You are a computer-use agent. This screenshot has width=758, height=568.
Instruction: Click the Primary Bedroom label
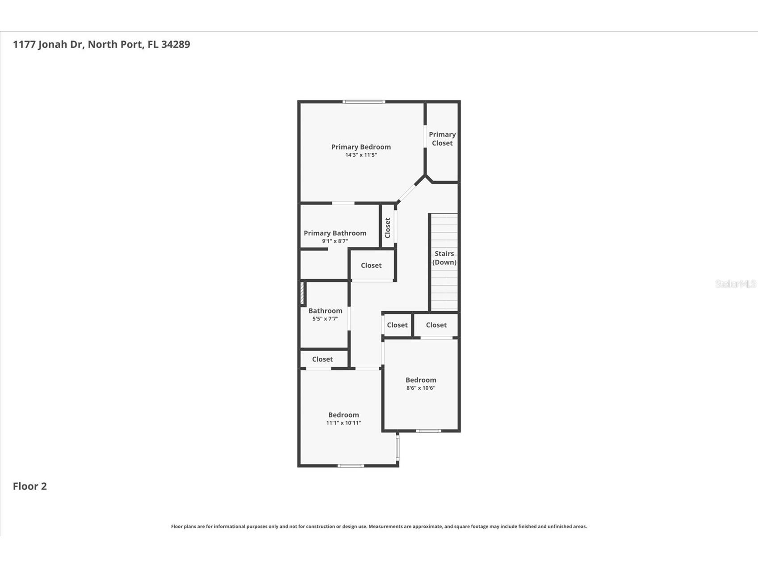point(361,147)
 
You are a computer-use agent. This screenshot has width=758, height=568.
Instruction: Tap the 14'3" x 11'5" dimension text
point(361,155)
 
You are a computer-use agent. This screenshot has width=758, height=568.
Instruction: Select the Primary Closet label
point(442,138)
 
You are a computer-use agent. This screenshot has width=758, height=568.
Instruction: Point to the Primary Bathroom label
point(335,233)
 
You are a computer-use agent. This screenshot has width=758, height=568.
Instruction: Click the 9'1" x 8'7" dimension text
point(335,241)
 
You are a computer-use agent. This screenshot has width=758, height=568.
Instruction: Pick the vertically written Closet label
point(388,228)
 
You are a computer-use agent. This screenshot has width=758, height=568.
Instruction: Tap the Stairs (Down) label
point(444,258)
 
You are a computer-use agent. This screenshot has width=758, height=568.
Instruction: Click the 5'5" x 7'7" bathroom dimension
point(325,319)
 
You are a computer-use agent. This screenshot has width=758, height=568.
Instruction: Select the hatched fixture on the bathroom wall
point(302,293)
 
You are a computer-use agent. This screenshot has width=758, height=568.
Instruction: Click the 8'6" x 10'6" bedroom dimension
point(421,388)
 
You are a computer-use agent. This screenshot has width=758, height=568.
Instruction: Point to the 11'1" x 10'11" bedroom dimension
point(343,423)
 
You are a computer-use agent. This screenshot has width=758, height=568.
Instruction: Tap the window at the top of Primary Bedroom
point(364,102)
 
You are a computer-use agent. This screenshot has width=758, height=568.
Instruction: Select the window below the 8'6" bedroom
point(428,431)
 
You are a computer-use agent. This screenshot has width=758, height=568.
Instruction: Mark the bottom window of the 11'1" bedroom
point(351,466)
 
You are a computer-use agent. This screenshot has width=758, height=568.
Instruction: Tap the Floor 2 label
point(29,486)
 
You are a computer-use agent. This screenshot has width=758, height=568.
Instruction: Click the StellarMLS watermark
point(735,284)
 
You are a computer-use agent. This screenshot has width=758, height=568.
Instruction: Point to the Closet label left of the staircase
point(371,265)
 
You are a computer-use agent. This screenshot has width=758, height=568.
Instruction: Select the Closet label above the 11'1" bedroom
point(322,359)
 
